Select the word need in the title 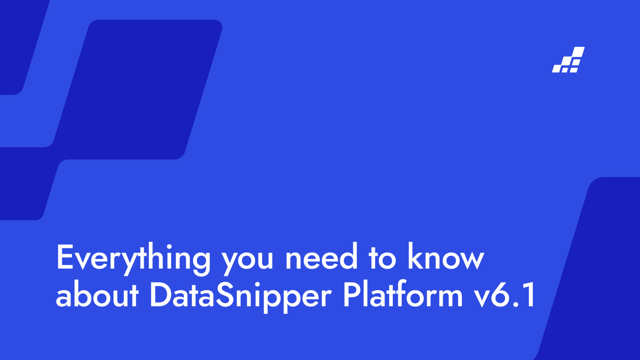click(x=321, y=257)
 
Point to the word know click(x=446, y=257)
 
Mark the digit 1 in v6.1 click(x=529, y=295)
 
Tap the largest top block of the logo click(x=579, y=51)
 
